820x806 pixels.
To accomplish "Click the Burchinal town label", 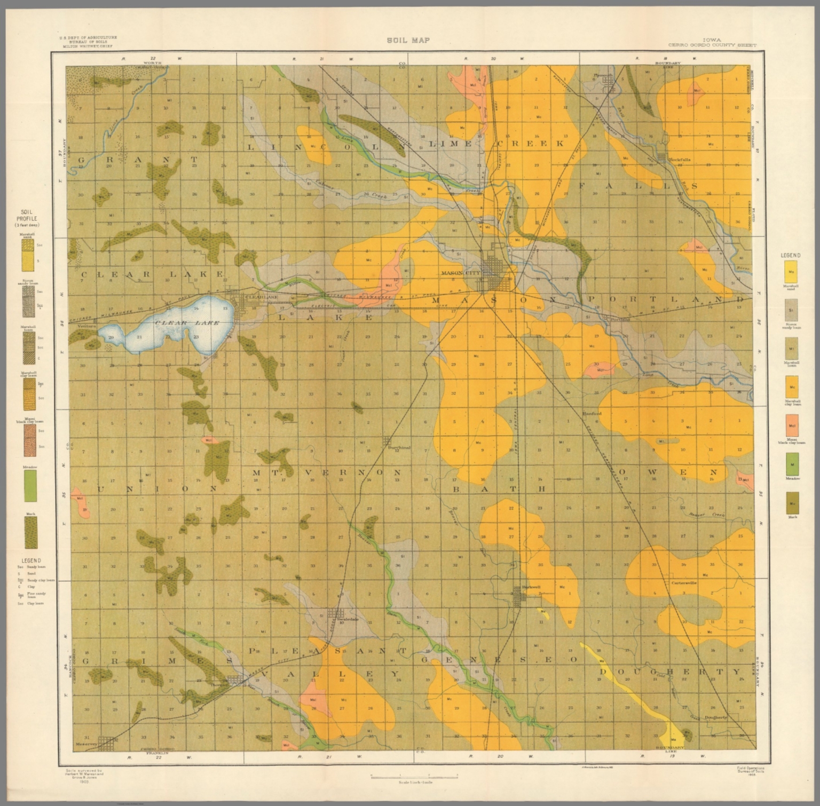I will [x=399, y=448].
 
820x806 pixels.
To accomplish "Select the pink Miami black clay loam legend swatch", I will [x=792, y=424].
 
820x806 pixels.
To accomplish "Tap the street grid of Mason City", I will [x=496, y=272].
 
